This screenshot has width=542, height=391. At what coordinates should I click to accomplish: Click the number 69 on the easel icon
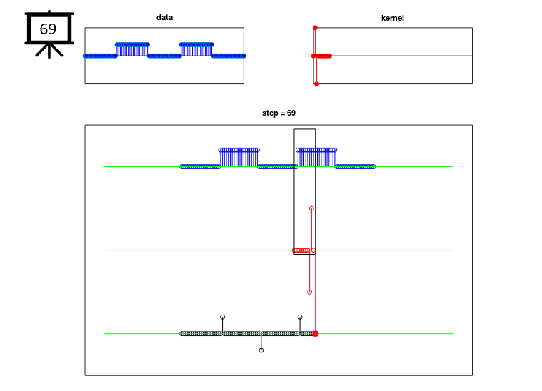coord(48,29)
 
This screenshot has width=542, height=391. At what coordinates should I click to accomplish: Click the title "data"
coord(164,17)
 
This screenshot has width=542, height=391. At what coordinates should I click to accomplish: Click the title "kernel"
coord(392,18)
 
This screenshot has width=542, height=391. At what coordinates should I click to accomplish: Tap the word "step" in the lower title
coord(270,113)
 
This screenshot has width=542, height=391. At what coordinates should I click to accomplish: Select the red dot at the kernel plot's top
coord(315,28)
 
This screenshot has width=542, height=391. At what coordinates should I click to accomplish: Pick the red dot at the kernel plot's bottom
coord(316,83)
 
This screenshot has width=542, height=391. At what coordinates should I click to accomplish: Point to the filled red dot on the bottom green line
coord(315,334)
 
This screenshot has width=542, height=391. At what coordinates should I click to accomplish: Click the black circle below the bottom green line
coord(261,350)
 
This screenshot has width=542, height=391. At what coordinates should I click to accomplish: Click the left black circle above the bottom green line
coord(223,317)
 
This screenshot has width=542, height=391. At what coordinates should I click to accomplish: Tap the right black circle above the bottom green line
coord(300,317)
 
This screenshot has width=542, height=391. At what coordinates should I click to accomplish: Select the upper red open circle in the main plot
coord(311,208)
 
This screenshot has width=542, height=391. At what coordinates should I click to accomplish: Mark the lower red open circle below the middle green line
coord(310,292)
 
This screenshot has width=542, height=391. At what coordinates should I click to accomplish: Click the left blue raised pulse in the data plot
coord(132,49)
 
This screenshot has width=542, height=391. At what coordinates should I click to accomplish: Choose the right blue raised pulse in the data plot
coord(196,49)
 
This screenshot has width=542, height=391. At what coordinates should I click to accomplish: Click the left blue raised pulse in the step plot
coord(239,158)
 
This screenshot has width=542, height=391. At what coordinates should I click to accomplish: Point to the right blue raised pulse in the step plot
coord(316,158)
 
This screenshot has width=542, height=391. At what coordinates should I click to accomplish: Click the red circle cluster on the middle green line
coord(301,250)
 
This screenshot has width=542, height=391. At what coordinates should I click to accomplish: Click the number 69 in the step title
coord(291,113)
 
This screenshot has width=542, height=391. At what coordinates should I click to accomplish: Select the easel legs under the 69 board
coord(49,51)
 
